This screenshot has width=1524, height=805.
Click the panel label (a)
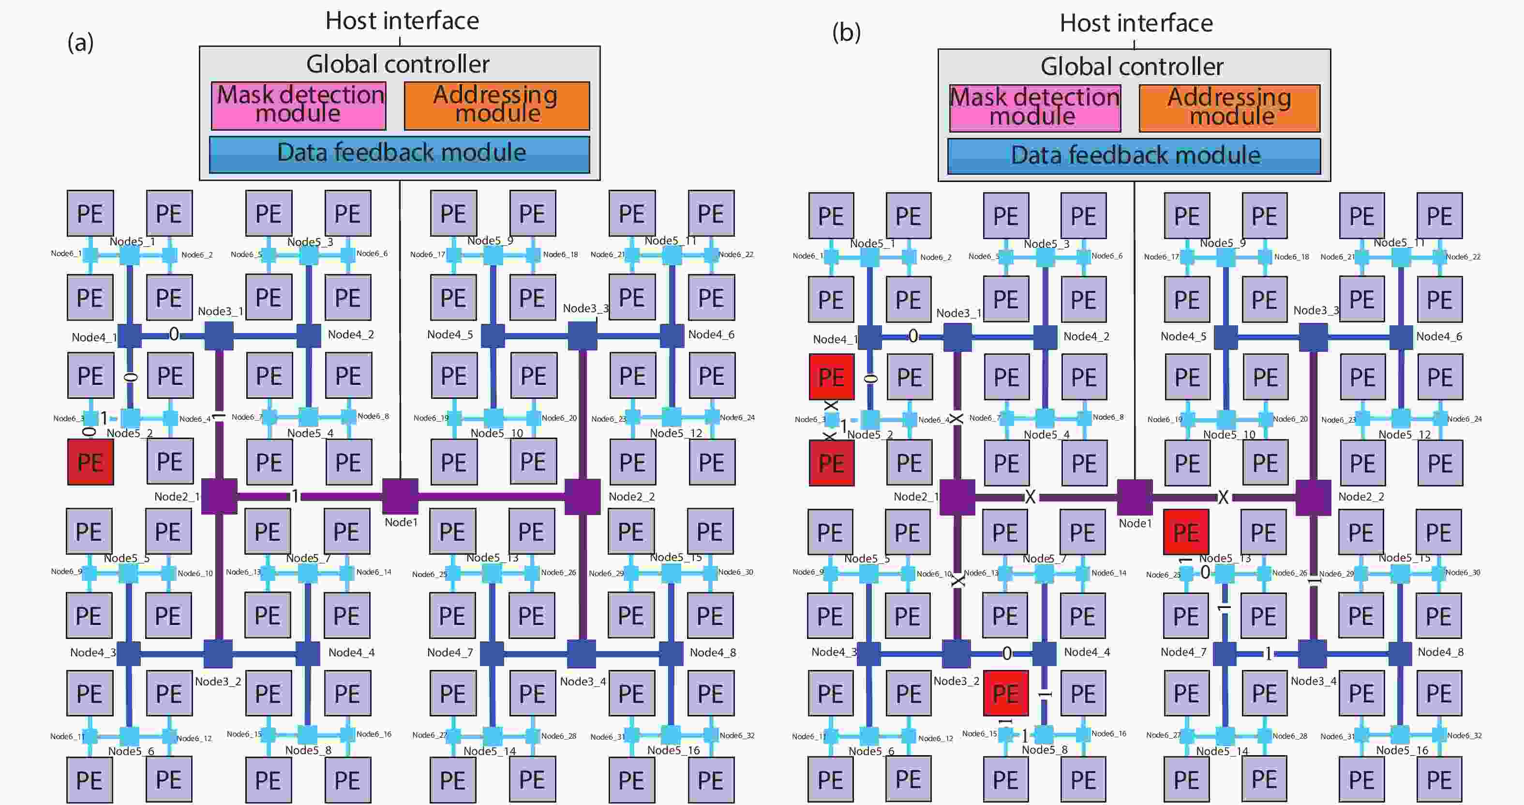[x=80, y=43]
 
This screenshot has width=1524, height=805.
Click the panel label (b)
[x=846, y=32]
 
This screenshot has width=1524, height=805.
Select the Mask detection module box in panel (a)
[x=299, y=106]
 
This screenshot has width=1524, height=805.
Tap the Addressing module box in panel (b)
[x=1229, y=108]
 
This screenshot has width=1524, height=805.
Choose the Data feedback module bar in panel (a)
[x=400, y=154]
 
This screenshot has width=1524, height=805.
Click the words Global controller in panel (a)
[x=398, y=64]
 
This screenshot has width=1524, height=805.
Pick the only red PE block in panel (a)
[x=90, y=462]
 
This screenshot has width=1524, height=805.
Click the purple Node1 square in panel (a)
[x=400, y=496]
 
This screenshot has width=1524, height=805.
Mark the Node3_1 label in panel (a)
[x=220, y=311]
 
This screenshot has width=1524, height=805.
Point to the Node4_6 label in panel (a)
[x=711, y=334]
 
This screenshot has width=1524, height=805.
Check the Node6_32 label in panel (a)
[x=737, y=735]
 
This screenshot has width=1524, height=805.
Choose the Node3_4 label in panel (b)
[x=1313, y=681]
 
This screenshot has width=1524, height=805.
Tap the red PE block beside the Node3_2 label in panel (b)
[x=1005, y=693]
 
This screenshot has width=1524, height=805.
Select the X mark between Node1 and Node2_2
[x=1223, y=497]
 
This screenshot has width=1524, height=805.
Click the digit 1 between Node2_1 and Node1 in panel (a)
[x=295, y=496]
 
